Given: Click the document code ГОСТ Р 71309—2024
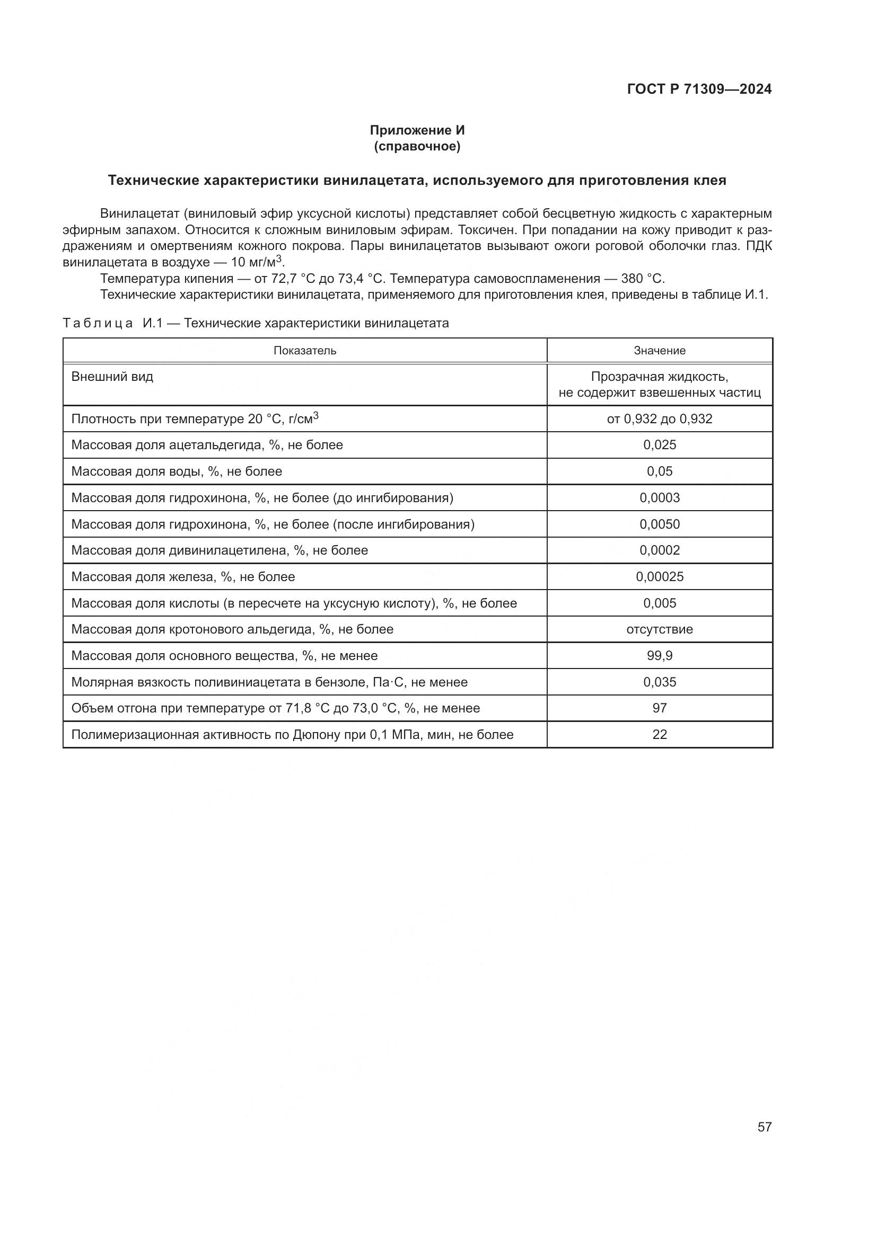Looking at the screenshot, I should coord(699,90).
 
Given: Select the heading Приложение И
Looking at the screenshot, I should coord(417,130).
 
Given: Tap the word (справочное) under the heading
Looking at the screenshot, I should coord(417,146).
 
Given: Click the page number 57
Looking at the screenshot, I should coord(764,1127).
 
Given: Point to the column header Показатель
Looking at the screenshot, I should coord(304,351).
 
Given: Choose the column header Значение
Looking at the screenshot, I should coord(660,351).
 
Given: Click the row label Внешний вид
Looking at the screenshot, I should coord(112,377).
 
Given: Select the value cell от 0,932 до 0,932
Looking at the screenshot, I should coord(660,419).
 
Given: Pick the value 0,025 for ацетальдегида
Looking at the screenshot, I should coord(660,445).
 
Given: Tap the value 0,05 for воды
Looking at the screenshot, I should coord(660,471).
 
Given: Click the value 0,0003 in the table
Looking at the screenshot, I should coord(660,497).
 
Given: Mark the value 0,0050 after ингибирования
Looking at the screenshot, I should coord(660,524).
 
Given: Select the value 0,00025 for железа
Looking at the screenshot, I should coord(660,577).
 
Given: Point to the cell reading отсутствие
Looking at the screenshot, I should coord(660,629).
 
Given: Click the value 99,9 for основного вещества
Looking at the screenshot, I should coord(660,656).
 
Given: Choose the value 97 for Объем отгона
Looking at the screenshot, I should coord(660,708).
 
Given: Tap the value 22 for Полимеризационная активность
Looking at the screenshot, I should coord(660,734).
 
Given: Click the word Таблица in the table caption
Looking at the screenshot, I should coord(98,323).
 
